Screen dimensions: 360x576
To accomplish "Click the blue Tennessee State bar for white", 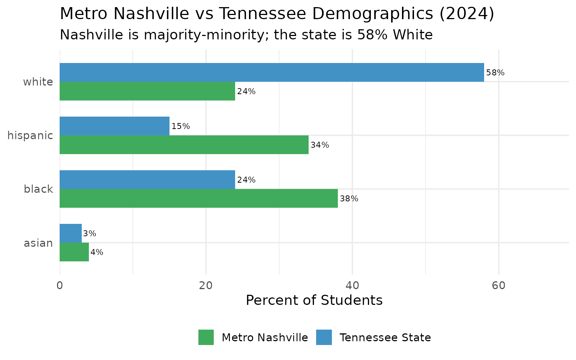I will [271, 72].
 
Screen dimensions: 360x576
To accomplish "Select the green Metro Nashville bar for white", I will [147, 91].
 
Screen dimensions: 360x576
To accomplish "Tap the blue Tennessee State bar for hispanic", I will [114, 126].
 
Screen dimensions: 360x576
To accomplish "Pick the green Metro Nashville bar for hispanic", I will [184, 145].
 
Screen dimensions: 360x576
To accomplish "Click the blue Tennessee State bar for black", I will [147, 180].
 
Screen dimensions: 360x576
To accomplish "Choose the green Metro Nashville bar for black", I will [198, 198].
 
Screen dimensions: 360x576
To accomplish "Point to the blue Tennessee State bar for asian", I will [70, 233].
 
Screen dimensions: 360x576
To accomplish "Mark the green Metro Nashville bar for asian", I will [74, 252].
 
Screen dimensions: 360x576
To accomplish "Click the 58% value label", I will [495, 73].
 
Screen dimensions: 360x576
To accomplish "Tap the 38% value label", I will [349, 199].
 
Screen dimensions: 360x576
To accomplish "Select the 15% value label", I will [180, 126].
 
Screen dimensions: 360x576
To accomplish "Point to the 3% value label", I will [89, 234].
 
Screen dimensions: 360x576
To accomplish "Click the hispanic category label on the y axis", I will [30, 135].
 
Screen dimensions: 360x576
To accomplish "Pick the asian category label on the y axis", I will [38, 243].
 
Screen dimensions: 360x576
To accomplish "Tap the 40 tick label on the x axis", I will [352, 286].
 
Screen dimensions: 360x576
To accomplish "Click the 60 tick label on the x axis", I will [498, 286].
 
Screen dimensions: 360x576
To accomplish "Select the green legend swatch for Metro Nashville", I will [206, 337].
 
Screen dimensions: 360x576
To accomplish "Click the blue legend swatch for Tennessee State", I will [324, 337].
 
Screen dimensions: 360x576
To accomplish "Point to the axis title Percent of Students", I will [314, 300].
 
